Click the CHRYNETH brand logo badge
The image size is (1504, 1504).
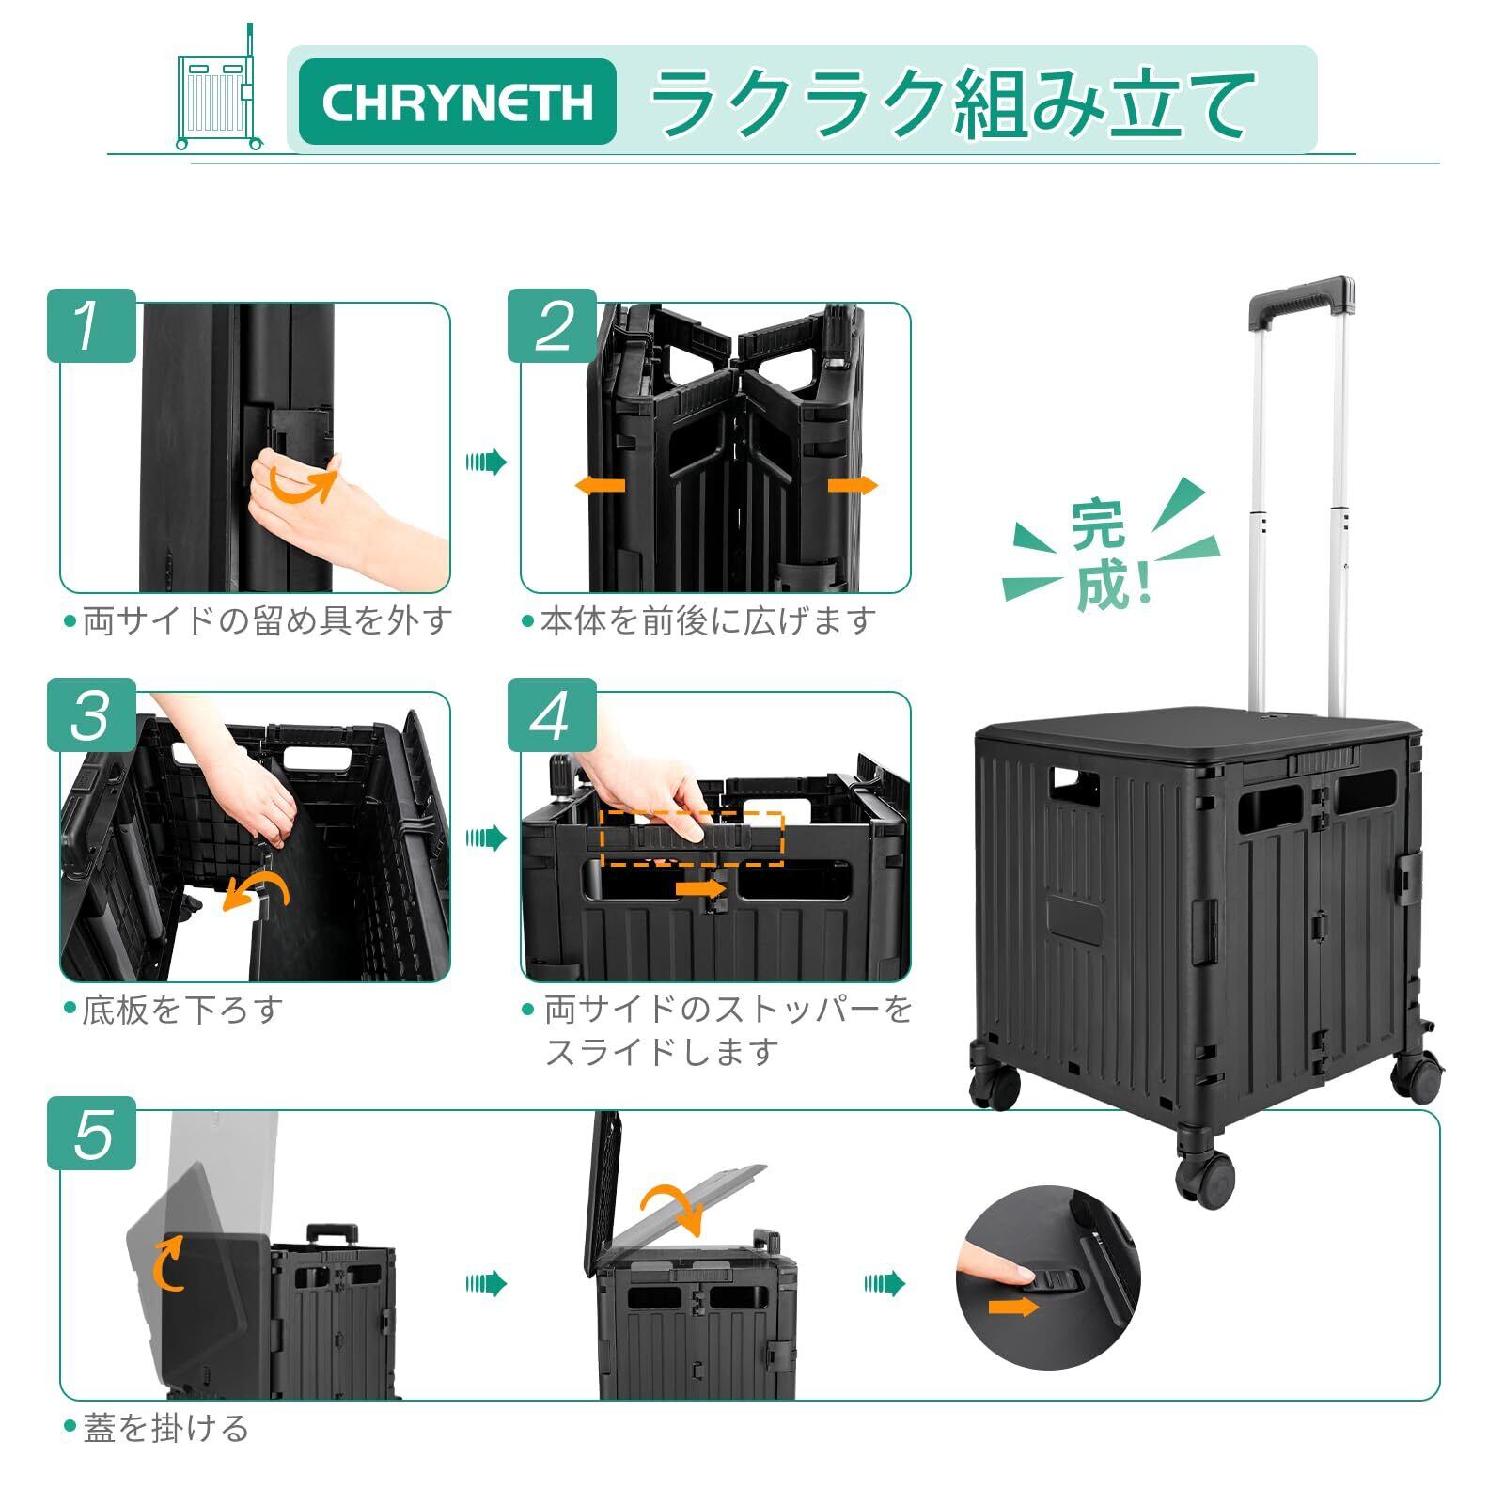pyautogui.click(x=457, y=102)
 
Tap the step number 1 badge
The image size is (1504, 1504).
pyautogui.click(x=91, y=325)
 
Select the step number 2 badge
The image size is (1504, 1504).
pyautogui.click(x=552, y=325)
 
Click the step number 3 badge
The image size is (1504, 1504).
pyautogui.click(x=91, y=714)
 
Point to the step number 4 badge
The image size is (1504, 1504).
pyautogui.click(x=552, y=714)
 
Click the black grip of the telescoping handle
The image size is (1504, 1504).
pyautogui.click(x=1301, y=298)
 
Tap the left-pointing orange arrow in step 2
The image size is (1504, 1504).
pyautogui.click(x=599, y=486)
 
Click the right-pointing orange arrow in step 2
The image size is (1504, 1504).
pyautogui.click(x=853, y=486)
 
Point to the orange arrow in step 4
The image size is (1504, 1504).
pyautogui.click(x=700, y=887)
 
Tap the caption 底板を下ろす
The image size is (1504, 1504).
pyautogui.click(x=182, y=1010)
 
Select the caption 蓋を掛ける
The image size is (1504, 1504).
pyautogui.click(x=165, y=1428)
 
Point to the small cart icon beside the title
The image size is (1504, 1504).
pyautogui.click(x=219, y=88)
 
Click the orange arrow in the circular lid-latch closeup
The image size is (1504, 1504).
pyautogui.click(x=1013, y=1307)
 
